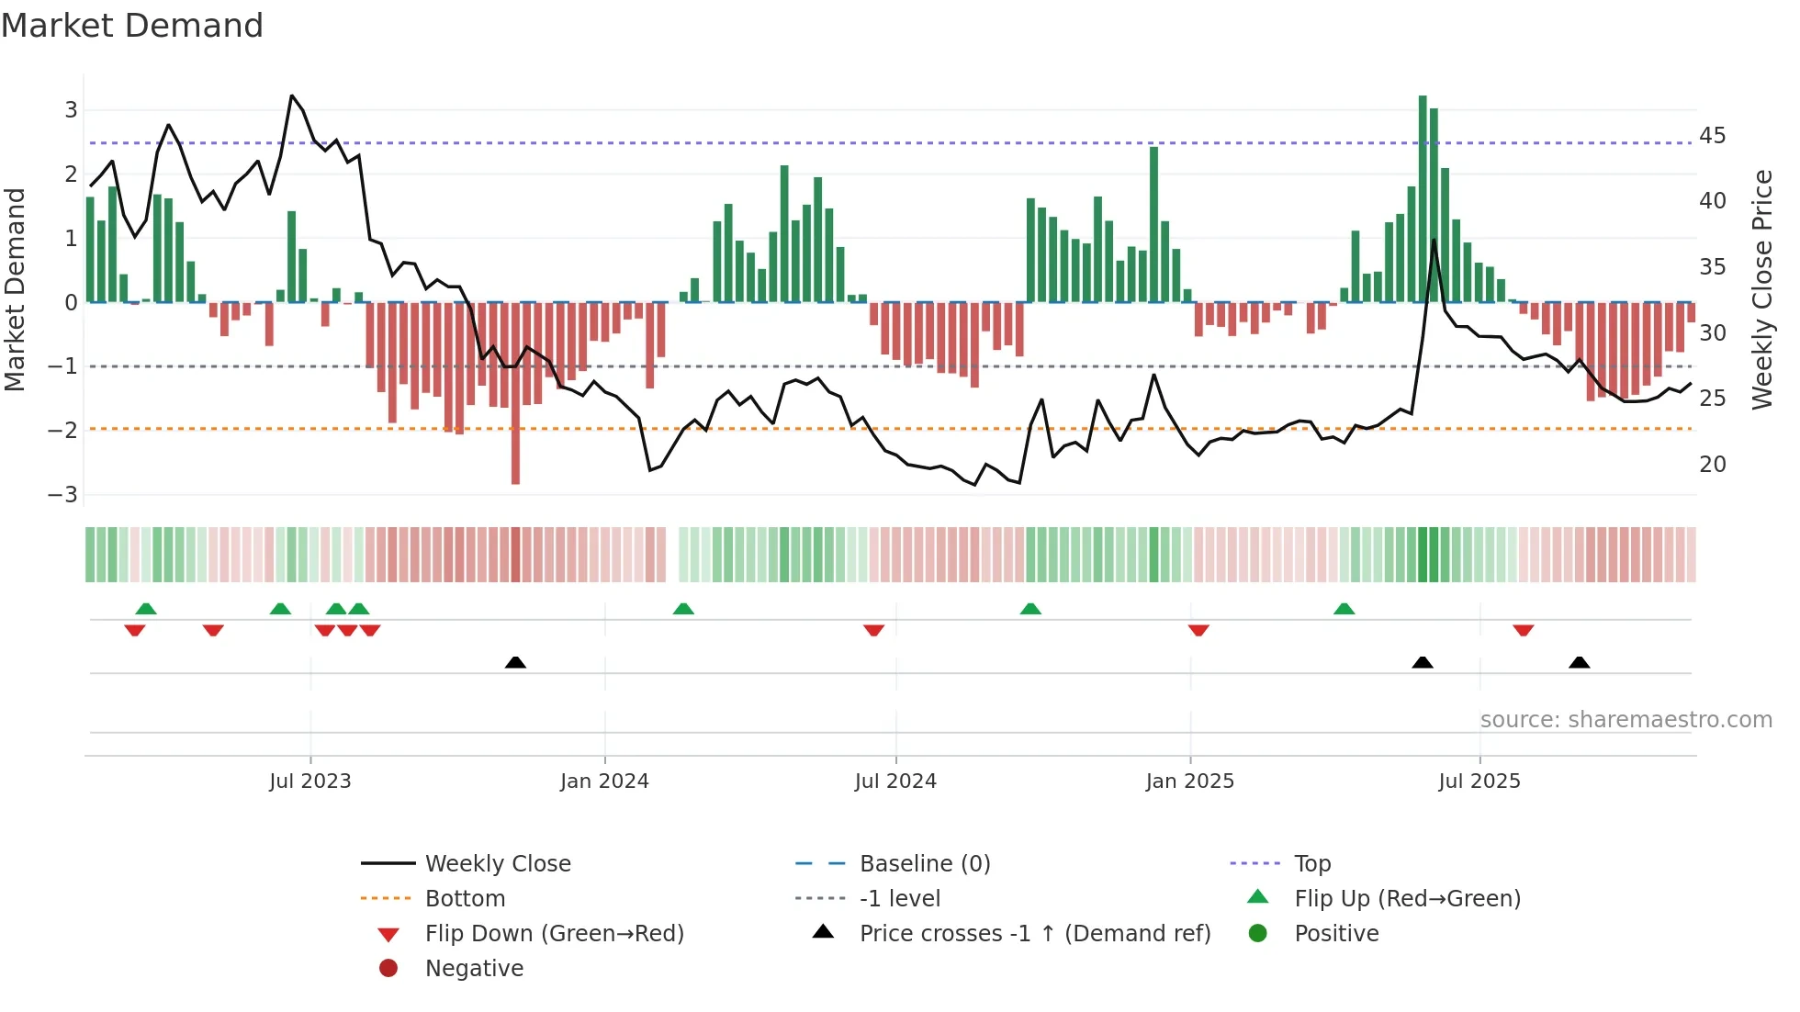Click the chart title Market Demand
(x=132, y=26)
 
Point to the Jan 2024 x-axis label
(x=604, y=781)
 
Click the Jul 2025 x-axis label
(x=1479, y=781)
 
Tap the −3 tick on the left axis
(x=63, y=494)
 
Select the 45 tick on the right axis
(x=1712, y=136)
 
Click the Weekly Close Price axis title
(x=1761, y=289)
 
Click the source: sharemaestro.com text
(x=1626, y=719)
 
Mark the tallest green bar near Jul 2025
(x=1423, y=197)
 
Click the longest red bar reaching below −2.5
(x=515, y=395)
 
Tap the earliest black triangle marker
(x=515, y=662)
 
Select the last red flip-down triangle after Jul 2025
(x=1524, y=630)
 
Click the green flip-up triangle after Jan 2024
(x=683, y=609)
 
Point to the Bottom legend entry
(x=465, y=898)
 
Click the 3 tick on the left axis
(x=71, y=110)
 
